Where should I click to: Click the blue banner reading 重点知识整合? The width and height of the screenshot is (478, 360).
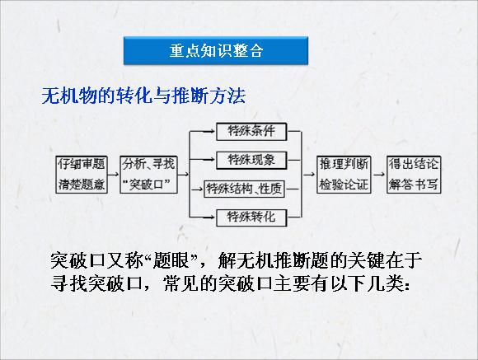216,50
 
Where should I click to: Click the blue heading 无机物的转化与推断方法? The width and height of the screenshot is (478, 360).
143,96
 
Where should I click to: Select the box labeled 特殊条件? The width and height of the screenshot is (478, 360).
251,131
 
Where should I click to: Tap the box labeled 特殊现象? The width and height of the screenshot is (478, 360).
251,160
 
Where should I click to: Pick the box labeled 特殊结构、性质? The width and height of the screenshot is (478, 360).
244,189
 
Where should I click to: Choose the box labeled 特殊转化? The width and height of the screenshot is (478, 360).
251,217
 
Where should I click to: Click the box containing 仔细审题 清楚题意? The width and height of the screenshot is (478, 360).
82,175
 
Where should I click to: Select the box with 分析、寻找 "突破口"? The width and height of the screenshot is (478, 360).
149,175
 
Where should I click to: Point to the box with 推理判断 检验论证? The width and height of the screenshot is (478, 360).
344,175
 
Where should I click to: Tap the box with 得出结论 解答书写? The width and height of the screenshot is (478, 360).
414,175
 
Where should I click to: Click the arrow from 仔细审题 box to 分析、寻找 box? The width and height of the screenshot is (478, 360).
114,175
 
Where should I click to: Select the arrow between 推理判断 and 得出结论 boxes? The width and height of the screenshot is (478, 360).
379,175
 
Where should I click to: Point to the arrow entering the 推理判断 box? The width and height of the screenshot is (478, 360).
309,175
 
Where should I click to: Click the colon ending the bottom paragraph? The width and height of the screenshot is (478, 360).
406,286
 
